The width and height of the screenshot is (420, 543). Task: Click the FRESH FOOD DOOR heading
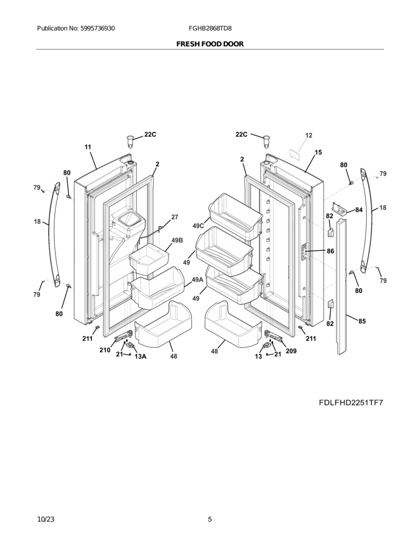[210, 44]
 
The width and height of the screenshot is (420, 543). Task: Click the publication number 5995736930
[98, 29]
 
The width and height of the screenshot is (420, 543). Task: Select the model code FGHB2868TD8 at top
[210, 29]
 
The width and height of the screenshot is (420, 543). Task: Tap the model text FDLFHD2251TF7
[351, 402]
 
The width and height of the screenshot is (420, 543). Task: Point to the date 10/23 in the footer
[46, 519]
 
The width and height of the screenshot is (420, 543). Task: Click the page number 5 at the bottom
[210, 519]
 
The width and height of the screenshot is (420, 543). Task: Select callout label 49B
[177, 240]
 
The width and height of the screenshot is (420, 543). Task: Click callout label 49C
[199, 226]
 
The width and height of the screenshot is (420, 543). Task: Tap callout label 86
[330, 251]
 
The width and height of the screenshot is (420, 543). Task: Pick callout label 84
[359, 210]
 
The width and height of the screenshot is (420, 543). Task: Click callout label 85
[362, 321]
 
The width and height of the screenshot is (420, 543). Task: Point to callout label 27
[174, 217]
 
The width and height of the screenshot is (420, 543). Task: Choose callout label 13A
[140, 356]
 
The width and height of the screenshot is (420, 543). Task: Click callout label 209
[291, 351]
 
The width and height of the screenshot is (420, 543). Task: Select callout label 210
[105, 350]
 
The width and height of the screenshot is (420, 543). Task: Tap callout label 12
[308, 135]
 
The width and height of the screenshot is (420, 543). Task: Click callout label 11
[87, 147]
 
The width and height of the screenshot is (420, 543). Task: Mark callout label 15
[318, 152]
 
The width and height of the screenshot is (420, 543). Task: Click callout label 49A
[198, 280]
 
